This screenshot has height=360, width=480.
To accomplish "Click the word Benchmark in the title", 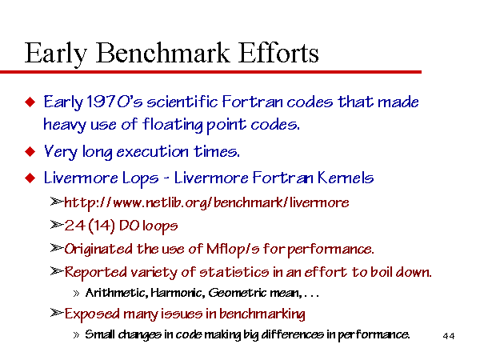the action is coord(163,53).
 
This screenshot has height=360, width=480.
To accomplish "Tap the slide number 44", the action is coord(449,336).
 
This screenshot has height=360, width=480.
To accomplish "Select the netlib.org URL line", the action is coord(206,202).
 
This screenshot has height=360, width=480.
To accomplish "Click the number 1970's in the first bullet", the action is coord(114,102).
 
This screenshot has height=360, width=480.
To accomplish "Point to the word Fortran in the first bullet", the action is coord(253,102).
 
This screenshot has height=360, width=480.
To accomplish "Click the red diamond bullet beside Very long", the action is coord(30,151).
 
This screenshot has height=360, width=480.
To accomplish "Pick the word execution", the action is coord(153,152).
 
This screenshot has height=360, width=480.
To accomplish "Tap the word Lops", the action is coord(141,178).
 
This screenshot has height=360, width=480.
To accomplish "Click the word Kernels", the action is coord(346,178).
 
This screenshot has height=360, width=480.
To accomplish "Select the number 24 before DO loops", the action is coord(74,226).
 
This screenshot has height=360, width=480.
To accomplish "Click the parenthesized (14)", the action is coord(102,226).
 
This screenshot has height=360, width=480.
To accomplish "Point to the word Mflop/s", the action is coord(233,249).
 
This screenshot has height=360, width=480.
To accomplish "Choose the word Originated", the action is coord(98,249).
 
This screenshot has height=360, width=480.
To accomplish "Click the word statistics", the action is coord(234,272).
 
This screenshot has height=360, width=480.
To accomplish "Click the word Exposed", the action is coord(92,314).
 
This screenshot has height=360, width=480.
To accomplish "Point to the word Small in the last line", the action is coord(100,334).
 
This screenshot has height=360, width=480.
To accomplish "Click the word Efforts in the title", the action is coord(278,53).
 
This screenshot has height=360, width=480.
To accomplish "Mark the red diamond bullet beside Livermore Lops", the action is coord(30,178).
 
